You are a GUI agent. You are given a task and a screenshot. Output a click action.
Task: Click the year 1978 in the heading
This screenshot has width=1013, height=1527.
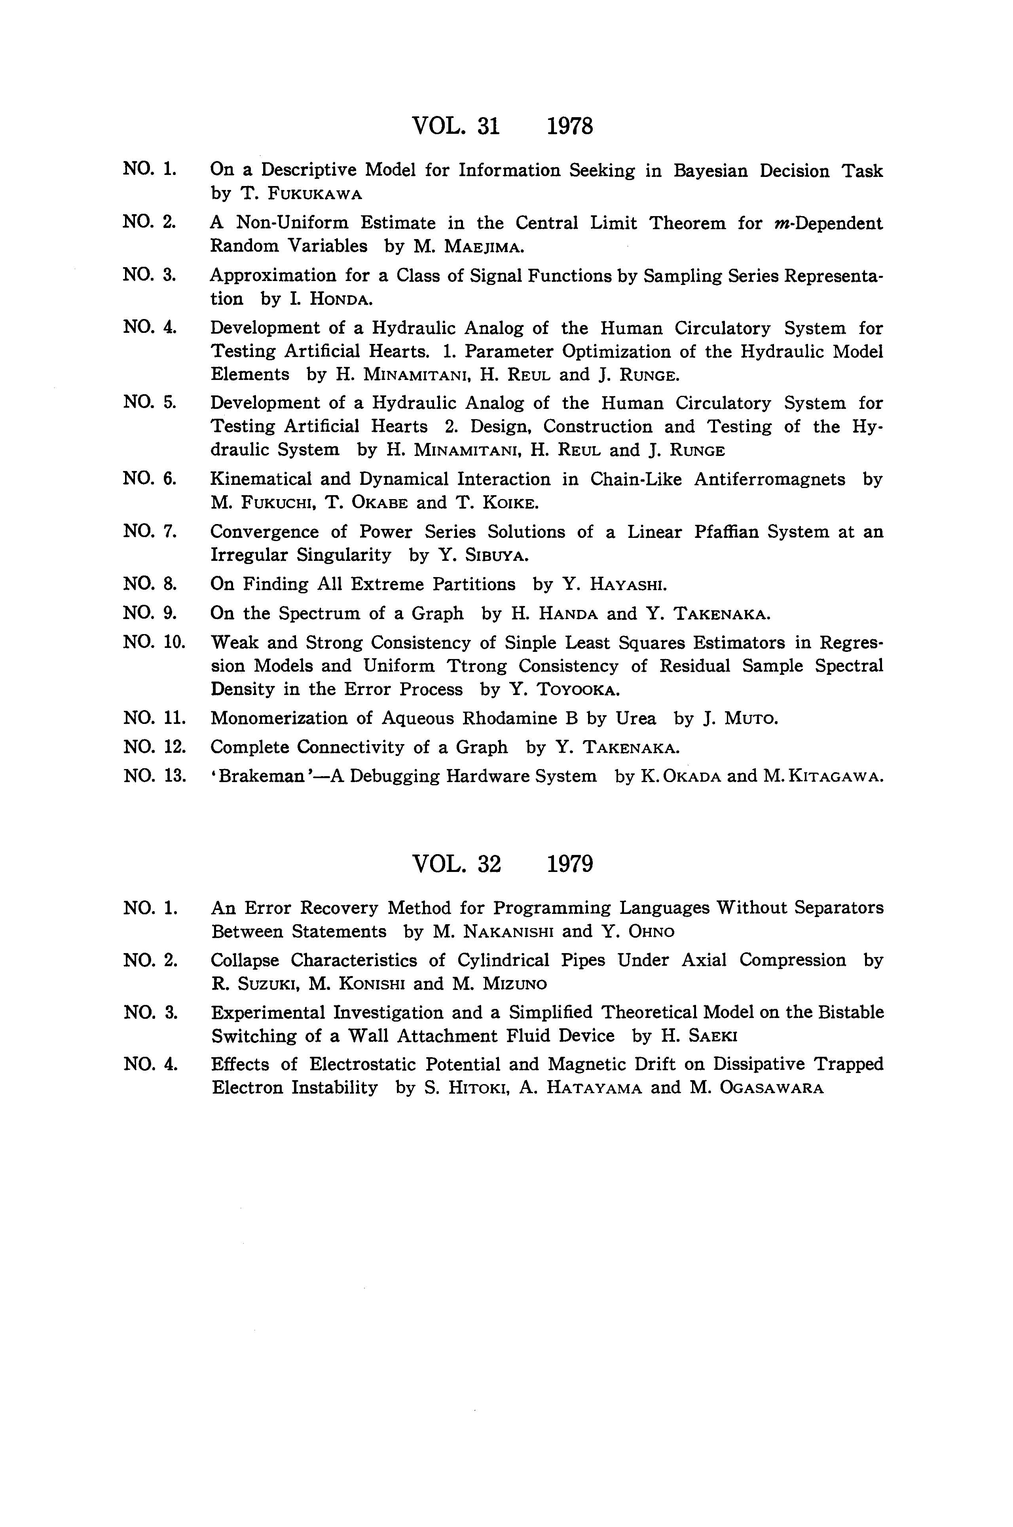570,125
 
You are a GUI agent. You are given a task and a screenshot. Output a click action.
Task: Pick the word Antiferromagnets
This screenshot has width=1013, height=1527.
769,479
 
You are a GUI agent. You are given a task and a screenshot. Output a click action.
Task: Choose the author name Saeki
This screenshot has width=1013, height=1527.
713,1037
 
